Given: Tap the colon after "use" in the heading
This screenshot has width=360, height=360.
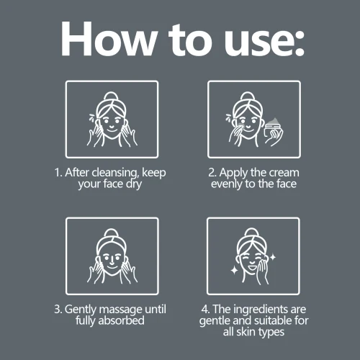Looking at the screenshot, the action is tap(300, 43).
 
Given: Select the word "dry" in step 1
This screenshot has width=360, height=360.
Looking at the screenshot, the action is tap(134, 184).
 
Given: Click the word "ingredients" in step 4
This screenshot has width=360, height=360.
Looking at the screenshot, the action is tap(261, 310).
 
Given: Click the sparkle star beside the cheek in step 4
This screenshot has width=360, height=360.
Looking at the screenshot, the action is tap(273, 257).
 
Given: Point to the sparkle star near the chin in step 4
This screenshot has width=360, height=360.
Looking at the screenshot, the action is tap(234, 271).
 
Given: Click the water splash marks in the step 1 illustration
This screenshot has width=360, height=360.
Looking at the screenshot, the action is tap(92, 118).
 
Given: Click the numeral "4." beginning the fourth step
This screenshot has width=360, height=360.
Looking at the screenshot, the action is tap(206, 309).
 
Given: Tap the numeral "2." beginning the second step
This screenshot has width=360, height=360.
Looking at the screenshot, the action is tap(212, 173).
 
